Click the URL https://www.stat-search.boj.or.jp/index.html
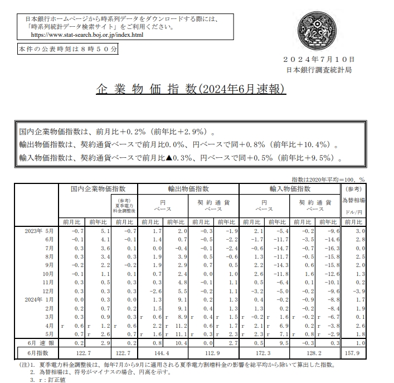(87, 35)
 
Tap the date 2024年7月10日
(318, 60)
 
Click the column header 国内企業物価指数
(98, 190)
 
